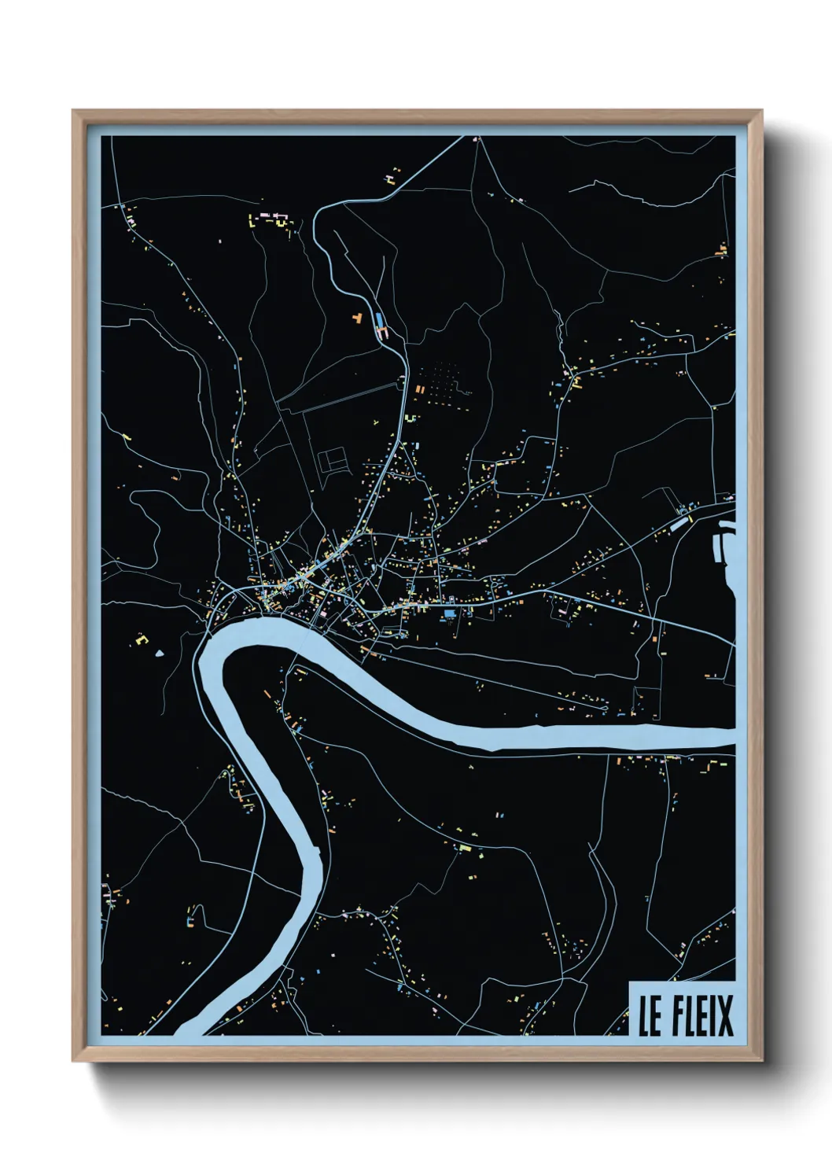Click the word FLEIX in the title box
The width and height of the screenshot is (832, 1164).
click(x=702, y=1015)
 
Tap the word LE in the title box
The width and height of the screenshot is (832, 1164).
click(x=650, y=1015)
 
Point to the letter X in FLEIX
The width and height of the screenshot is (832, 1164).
click(x=723, y=1015)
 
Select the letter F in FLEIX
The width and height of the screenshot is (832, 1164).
click(x=679, y=1015)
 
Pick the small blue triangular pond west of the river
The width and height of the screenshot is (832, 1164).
click(x=160, y=652)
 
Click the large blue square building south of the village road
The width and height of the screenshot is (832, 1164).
click(x=450, y=612)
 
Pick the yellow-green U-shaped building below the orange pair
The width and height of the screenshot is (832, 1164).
click(x=411, y=417)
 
